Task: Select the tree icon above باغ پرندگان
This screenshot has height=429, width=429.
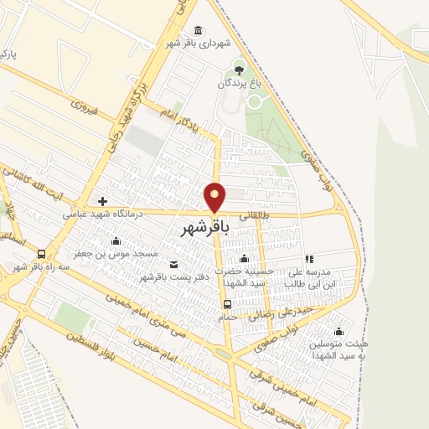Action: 241,70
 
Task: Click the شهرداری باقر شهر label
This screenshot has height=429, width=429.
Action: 197,44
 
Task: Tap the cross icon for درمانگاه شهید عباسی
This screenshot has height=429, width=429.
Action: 102,201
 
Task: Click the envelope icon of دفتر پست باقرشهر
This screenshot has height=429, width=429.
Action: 173,265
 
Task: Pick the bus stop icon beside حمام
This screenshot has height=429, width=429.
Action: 228,304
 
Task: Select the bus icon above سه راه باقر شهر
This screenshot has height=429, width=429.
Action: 42,254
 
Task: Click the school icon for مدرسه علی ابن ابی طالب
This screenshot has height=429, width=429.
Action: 309,260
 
